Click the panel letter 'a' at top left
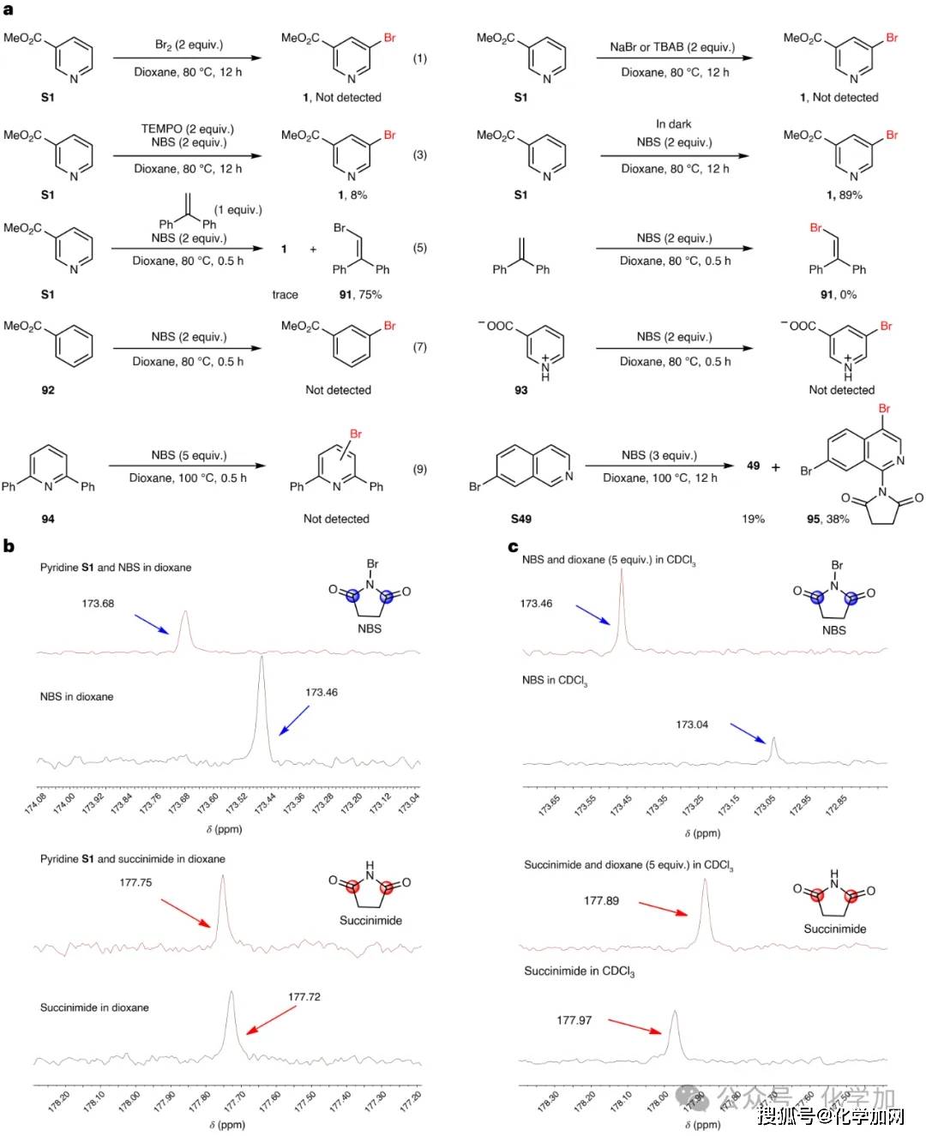[8, 9]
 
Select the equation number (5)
[419, 248]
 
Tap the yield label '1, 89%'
[844, 195]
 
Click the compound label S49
[520, 519]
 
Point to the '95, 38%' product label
[827, 519]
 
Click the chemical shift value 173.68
[98, 604]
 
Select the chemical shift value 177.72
[304, 997]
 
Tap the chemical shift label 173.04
[692, 724]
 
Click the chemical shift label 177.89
[601, 901]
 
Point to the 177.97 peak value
[574, 1020]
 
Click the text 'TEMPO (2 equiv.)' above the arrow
[187, 129]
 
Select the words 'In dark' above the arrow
[674, 124]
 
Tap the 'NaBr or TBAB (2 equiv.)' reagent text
[672, 47]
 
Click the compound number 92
[48, 390]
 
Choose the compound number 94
[48, 519]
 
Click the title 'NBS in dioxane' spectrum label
[76, 697]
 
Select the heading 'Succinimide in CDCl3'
[580, 971]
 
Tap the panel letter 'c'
[513, 547]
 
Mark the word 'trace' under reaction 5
[285, 295]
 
